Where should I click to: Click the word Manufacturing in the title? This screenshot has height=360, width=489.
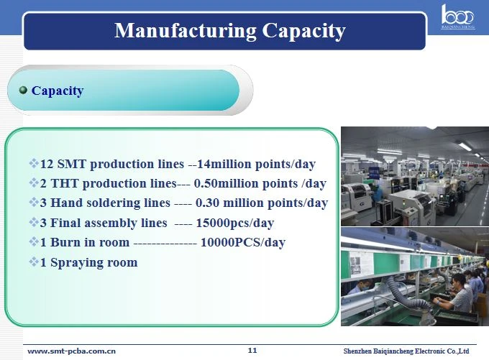[186, 31]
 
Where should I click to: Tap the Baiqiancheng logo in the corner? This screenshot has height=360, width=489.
[457, 17]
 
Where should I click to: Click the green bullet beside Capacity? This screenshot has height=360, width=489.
[23, 91]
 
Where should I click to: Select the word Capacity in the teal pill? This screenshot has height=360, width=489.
[58, 91]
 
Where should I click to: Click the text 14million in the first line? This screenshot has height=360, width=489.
[224, 164]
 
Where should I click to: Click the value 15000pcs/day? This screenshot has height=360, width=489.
[235, 223]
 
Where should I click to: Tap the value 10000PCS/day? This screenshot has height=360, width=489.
[242, 242]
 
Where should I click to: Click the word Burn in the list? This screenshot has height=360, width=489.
[64, 242]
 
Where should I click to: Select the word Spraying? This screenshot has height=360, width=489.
[77, 263]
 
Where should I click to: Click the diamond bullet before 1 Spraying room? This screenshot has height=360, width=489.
[34, 262]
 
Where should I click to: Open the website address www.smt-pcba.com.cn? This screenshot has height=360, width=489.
[71, 351]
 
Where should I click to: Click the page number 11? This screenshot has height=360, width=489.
[252, 351]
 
